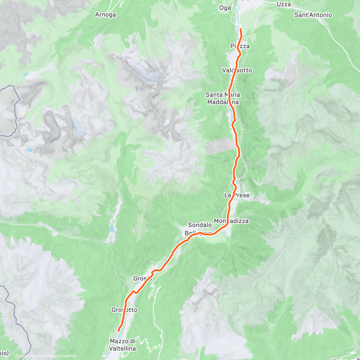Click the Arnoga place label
coord(105,14)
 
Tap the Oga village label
coord(225,8)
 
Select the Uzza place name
coord(283,4)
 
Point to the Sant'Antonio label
coord(313,15)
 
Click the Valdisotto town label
coord(237,70)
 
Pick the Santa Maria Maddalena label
coord(223,98)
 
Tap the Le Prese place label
coord(237,195)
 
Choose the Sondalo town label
coord(200,225)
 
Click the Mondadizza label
coord(231,221)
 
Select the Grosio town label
coord(142,278)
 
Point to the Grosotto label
coord(124,310)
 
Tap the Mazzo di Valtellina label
coord(123,345)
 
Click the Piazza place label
coord(240,46)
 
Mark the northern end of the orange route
coord(241,29)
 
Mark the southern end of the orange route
coord(118,331)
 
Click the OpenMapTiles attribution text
coord(31,356)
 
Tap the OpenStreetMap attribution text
coord(63,356)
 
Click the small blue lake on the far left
coord(29,149)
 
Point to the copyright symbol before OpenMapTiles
coord(17,356)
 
